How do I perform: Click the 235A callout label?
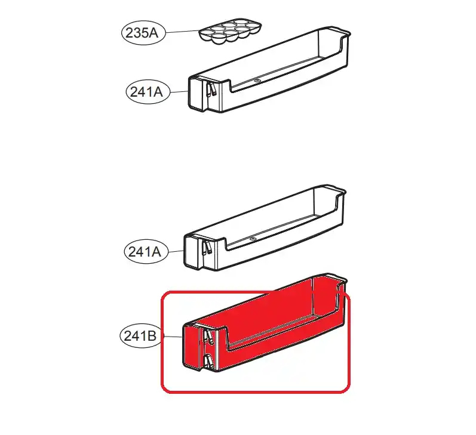pyautogui.click(x=143, y=33)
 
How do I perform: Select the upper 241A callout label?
pyautogui.click(x=148, y=92)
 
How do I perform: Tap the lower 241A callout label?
pyautogui.click(x=146, y=251)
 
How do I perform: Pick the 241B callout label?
pyautogui.click(x=142, y=336)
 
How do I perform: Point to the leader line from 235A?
pyautogui.click(x=182, y=31)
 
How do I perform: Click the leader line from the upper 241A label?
pyautogui.click(x=179, y=91)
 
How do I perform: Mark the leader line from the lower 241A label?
pyautogui.click(x=176, y=251)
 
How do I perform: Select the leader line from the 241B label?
pyautogui.click(x=173, y=336)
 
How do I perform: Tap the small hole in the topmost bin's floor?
pyautogui.click(x=257, y=81)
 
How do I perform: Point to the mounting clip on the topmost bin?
pyautogui.click(x=211, y=90)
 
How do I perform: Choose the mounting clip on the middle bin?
pyautogui.click(x=208, y=246)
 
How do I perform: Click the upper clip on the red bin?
pyautogui.click(x=208, y=337)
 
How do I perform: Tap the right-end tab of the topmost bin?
pyautogui.click(x=342, y=32)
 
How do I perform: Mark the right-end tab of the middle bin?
pyautogui.click(x=337, y=190)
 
